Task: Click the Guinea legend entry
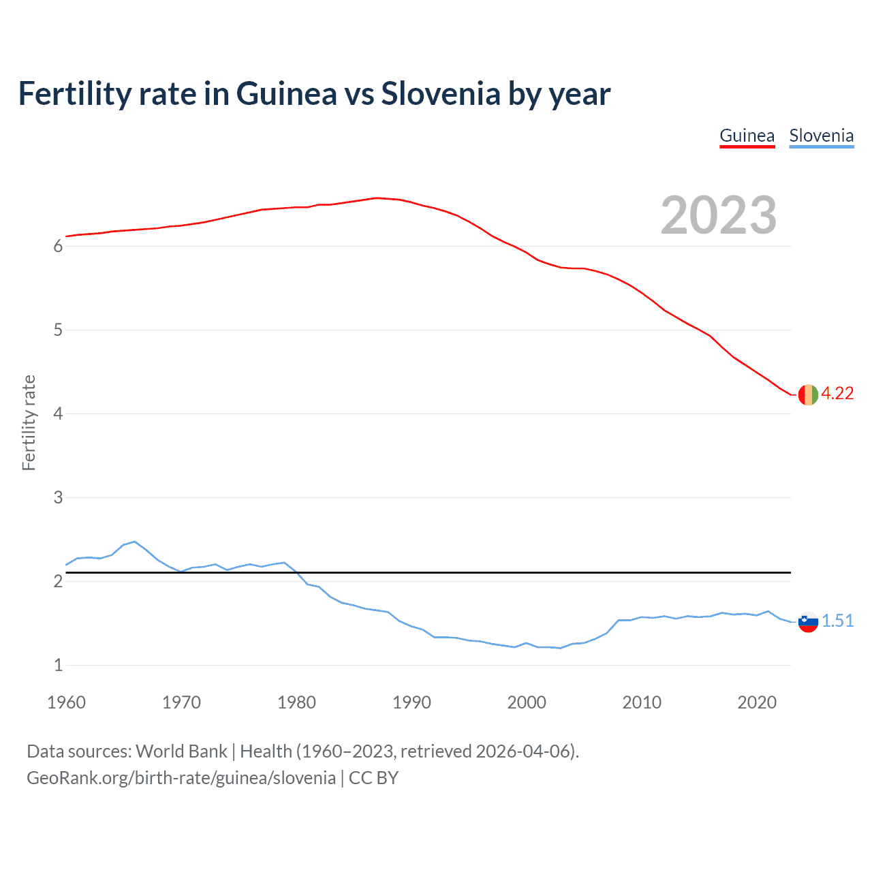point(747,136)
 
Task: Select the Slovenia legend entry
point(821,136)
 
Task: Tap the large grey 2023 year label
point(718,215)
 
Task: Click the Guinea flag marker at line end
point(808,394)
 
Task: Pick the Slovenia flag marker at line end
point(808,621)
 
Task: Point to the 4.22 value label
point(837,394)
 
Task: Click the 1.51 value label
point(837,621)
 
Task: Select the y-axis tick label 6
point(58,247)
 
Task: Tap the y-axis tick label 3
point(58,498)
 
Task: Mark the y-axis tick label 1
point(58,666)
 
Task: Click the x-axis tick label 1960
point(66,702)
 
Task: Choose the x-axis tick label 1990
point(411,702)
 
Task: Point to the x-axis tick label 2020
point(757,702)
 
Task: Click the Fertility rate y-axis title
point(29,422)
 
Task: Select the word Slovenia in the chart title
point(440,93)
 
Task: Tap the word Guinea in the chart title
point(286,93)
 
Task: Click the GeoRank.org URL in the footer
point(181,778)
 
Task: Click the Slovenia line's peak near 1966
point(134,542)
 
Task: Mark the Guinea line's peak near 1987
point(377,198)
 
